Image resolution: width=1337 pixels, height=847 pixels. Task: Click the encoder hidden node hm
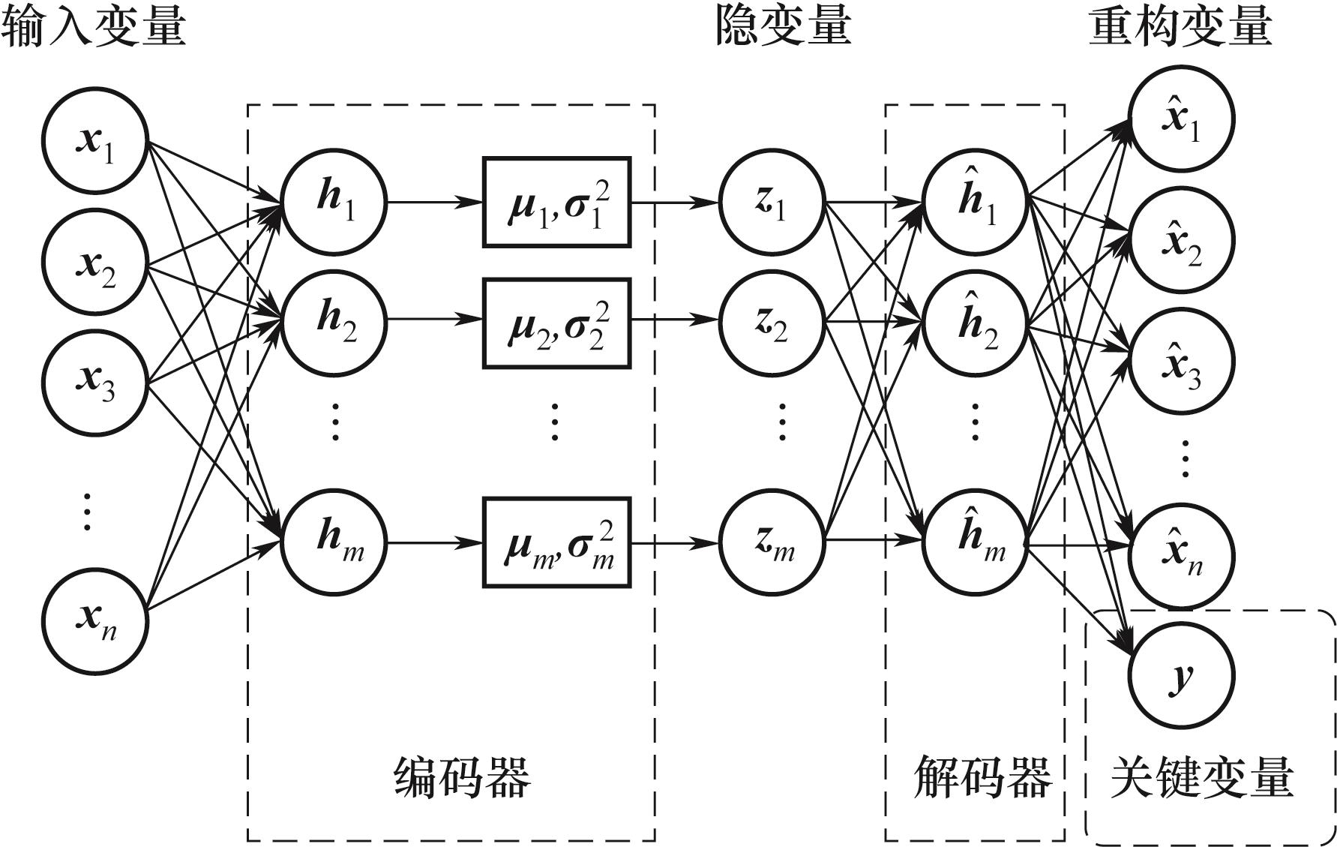click(334, 541)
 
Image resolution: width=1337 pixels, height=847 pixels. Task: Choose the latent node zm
click(772, 541)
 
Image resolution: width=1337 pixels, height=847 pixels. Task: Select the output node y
click(1182, 677)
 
